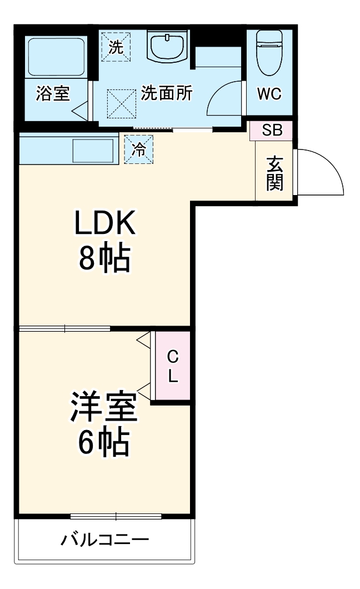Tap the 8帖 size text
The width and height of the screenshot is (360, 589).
coord(105,258)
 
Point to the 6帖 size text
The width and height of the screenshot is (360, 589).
coord(103,442)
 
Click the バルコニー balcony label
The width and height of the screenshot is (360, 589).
coord(105,539)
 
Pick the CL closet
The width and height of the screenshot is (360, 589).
coord(173,366)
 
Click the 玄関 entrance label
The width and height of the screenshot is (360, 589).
coord(274,173)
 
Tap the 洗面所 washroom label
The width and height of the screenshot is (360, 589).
coord(166,93)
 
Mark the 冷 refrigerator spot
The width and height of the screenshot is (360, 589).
coord(138,149)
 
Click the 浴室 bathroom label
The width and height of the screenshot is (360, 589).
coord(53,93)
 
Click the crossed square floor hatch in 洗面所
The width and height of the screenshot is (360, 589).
coord(121,104)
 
